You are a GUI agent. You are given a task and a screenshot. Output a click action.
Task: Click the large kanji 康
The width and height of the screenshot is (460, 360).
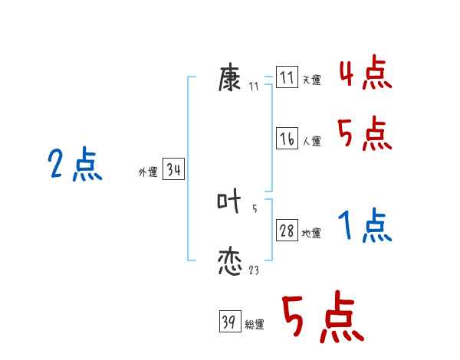[x=231, y=78]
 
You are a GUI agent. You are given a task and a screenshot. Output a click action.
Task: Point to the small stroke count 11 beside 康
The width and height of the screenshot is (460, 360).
[x=254, y=87]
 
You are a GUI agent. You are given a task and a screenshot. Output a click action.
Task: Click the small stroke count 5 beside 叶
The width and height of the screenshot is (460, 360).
[x=255, y=208]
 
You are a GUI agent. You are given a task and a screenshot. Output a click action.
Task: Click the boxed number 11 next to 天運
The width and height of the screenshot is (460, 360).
[x=287, y=78]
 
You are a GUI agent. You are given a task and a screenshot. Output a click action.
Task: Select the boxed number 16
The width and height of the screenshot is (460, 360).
[x=287, y=139]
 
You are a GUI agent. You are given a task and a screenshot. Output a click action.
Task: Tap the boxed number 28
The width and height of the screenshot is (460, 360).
[x=287, y=231]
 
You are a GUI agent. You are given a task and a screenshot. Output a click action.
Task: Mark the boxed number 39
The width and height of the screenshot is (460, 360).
[x=229, y=322]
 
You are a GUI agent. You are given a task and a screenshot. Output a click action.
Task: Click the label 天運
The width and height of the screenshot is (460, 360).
[x=311, y=80]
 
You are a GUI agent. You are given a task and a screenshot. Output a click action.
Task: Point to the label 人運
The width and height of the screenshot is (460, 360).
[x=311, y=142]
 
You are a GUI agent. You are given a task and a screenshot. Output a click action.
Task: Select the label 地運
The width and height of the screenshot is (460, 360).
[x=311, y=234]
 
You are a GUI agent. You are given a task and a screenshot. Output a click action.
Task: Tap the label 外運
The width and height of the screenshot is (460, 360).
[x=148, y=173]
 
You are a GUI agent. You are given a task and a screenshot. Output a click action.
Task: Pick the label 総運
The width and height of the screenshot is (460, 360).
[x=255, y=325]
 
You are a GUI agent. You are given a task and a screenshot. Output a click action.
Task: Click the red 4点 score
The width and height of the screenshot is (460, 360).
[x=365, y=74]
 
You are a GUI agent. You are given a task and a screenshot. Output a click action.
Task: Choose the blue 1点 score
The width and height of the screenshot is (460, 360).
[x=365, y=226]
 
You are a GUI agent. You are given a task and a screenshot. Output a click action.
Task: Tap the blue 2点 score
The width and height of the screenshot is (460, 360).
[x=75, y=165]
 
